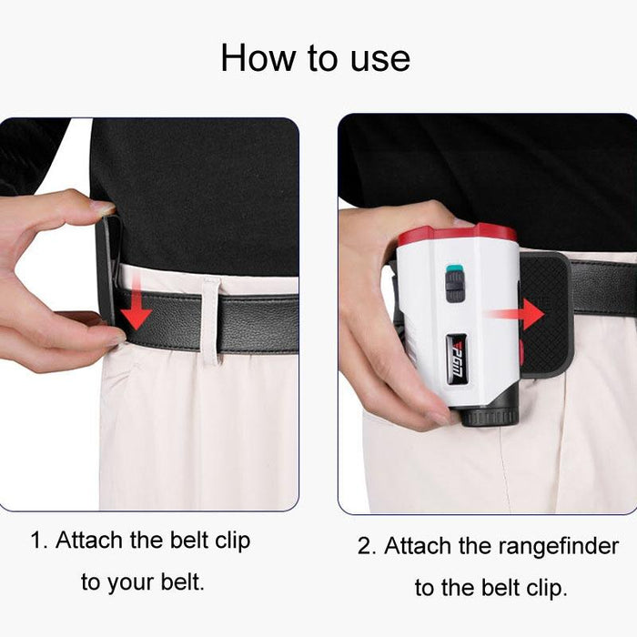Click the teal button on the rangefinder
tap(452, 270)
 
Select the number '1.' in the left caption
tap(39, 540)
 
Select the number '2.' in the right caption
tap(367, 546)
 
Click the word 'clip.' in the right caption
tap(542, 588)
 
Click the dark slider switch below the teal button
tap(454, 289)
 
